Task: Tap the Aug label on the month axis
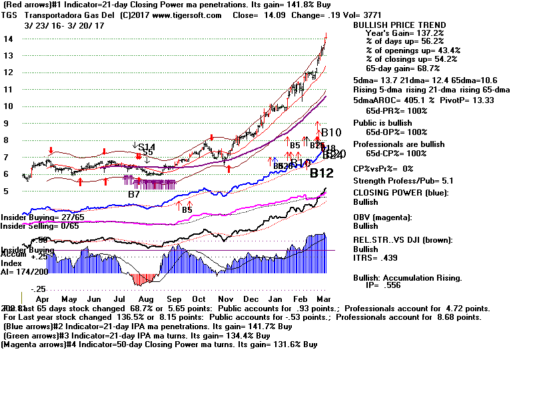(164, 300)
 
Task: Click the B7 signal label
(135, 194)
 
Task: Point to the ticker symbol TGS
(11, 15)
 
